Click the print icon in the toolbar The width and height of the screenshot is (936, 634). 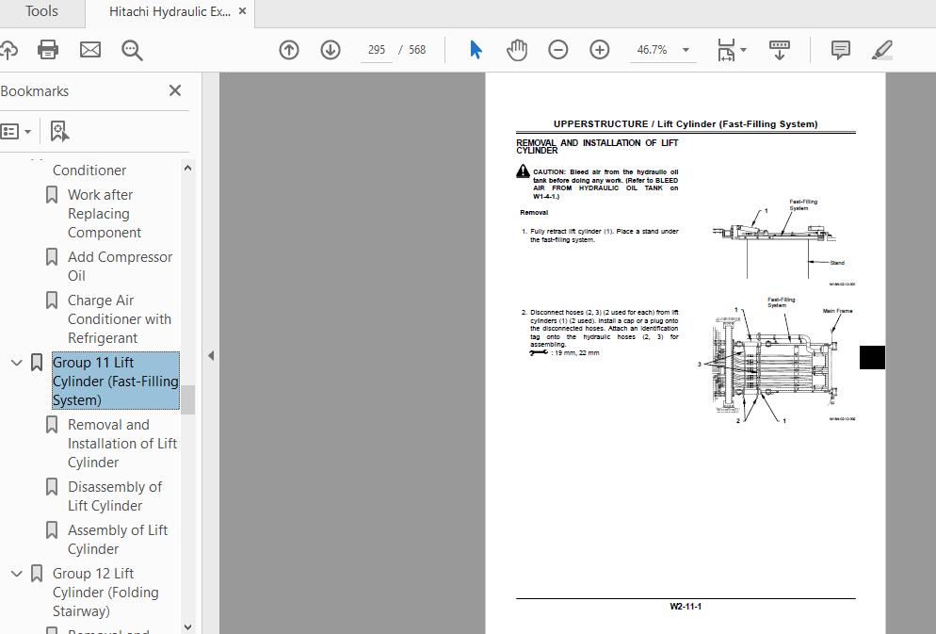[x=48, y=49]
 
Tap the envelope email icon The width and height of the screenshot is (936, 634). [x=90, y=49]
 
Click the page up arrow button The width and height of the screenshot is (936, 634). [x=289, y=50]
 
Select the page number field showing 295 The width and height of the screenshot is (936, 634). [x=377, y=50]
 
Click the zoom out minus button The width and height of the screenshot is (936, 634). [x=558, y=50]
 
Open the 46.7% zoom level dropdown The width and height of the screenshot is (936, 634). [x=686, y=50]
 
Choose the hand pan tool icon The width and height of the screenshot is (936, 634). [x=517, y=50]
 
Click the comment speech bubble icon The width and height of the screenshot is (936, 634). [x=841, y=50]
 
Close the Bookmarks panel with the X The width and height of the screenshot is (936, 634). [x=175, y=90]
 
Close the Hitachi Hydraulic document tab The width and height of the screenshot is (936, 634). [x=243, y=12]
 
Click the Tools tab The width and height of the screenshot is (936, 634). [x=41, y=12]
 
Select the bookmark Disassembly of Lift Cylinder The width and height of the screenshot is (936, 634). [x=114, y=496]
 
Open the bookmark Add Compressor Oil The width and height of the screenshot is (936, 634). [x=120, y=266]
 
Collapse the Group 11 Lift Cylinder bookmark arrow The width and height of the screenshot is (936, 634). [x=16, y=363]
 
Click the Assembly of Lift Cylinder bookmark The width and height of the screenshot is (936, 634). [x=117, y=539]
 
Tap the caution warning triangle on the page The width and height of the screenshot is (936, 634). [x=523, y=171]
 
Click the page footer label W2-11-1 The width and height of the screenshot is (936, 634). [x=686, y=606]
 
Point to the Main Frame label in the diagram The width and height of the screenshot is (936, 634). [x=837, y=311]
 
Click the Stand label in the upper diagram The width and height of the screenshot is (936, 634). [x=837, y=263]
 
